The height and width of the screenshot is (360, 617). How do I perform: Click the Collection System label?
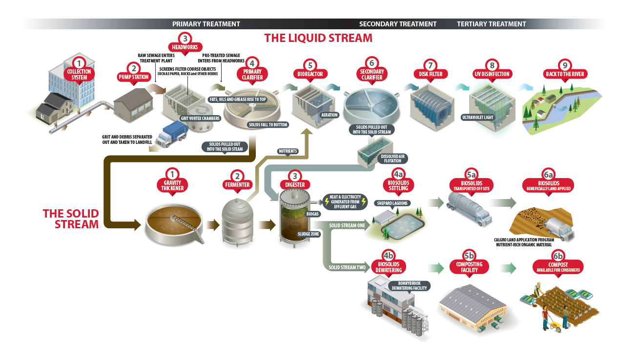79,74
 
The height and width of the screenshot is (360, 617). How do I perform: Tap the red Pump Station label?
133,77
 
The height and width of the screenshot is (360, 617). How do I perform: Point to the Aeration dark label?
329,115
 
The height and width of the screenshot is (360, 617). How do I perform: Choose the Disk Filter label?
430,74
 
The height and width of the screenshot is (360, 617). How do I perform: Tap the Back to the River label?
565,74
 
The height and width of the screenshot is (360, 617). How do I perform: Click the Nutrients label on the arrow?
288,151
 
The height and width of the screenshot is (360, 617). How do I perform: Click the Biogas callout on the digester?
312,214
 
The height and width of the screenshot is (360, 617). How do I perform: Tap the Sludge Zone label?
308,234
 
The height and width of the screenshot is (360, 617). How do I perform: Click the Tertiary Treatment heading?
491,24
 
